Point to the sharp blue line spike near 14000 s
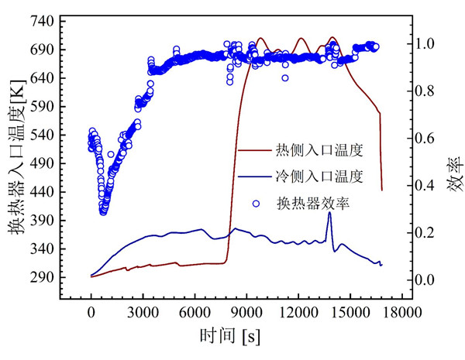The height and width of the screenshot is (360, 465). click(329, 214)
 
